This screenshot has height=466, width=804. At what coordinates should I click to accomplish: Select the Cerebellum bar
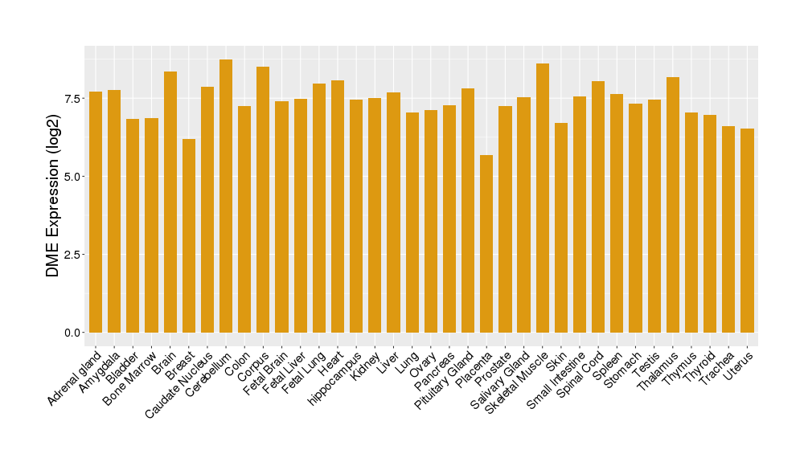pos(226,196)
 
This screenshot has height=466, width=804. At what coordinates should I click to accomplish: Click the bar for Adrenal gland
pos(96,212)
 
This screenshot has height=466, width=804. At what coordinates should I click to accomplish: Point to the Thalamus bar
pos(673,205)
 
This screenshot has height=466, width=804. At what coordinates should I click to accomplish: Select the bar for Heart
pos(338,206)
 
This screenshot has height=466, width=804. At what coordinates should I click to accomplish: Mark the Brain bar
pos(170,202)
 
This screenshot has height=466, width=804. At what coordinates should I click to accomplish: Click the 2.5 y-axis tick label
pos(71,255)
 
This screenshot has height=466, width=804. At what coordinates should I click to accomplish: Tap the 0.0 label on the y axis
pos(71,333)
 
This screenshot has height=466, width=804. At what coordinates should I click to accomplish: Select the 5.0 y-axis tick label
pos(71,176)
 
